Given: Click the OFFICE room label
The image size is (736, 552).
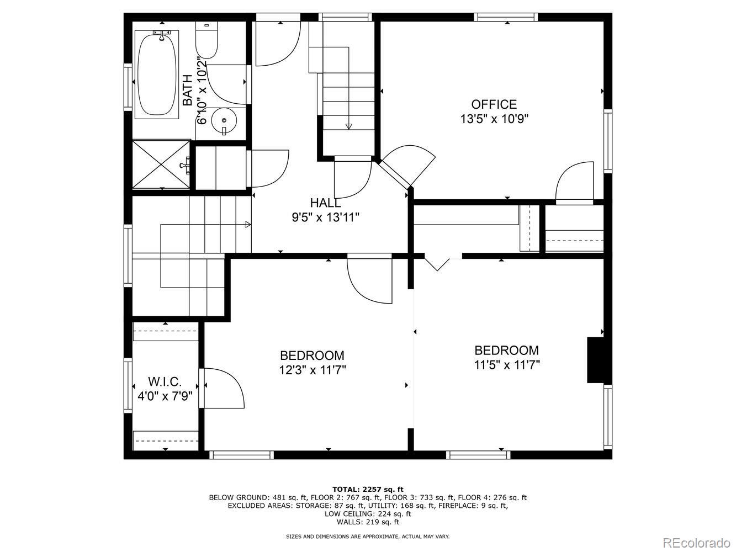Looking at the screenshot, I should click(494, 104).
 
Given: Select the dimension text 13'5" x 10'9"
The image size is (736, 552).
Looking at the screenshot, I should click(494, 119).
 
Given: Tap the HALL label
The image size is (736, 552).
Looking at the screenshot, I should click(325, 203).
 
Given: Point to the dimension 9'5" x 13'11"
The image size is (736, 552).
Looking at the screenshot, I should click(325, 217).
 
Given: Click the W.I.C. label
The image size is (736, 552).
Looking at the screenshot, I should click(165, 381).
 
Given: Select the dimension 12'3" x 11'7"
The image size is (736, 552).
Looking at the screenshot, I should click(312, 370).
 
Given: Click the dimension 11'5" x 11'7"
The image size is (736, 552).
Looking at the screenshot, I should click(506, 365).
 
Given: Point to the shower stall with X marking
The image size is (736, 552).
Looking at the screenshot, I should click(161, 164).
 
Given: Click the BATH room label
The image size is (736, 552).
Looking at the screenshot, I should click(188, 90).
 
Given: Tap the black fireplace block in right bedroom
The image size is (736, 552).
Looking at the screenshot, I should click(595, 360).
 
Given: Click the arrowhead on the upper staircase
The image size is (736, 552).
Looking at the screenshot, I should click(348, 126).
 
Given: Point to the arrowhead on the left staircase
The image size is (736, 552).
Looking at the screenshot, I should click(248, 225).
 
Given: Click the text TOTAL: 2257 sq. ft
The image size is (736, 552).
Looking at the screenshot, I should click(367, 489).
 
